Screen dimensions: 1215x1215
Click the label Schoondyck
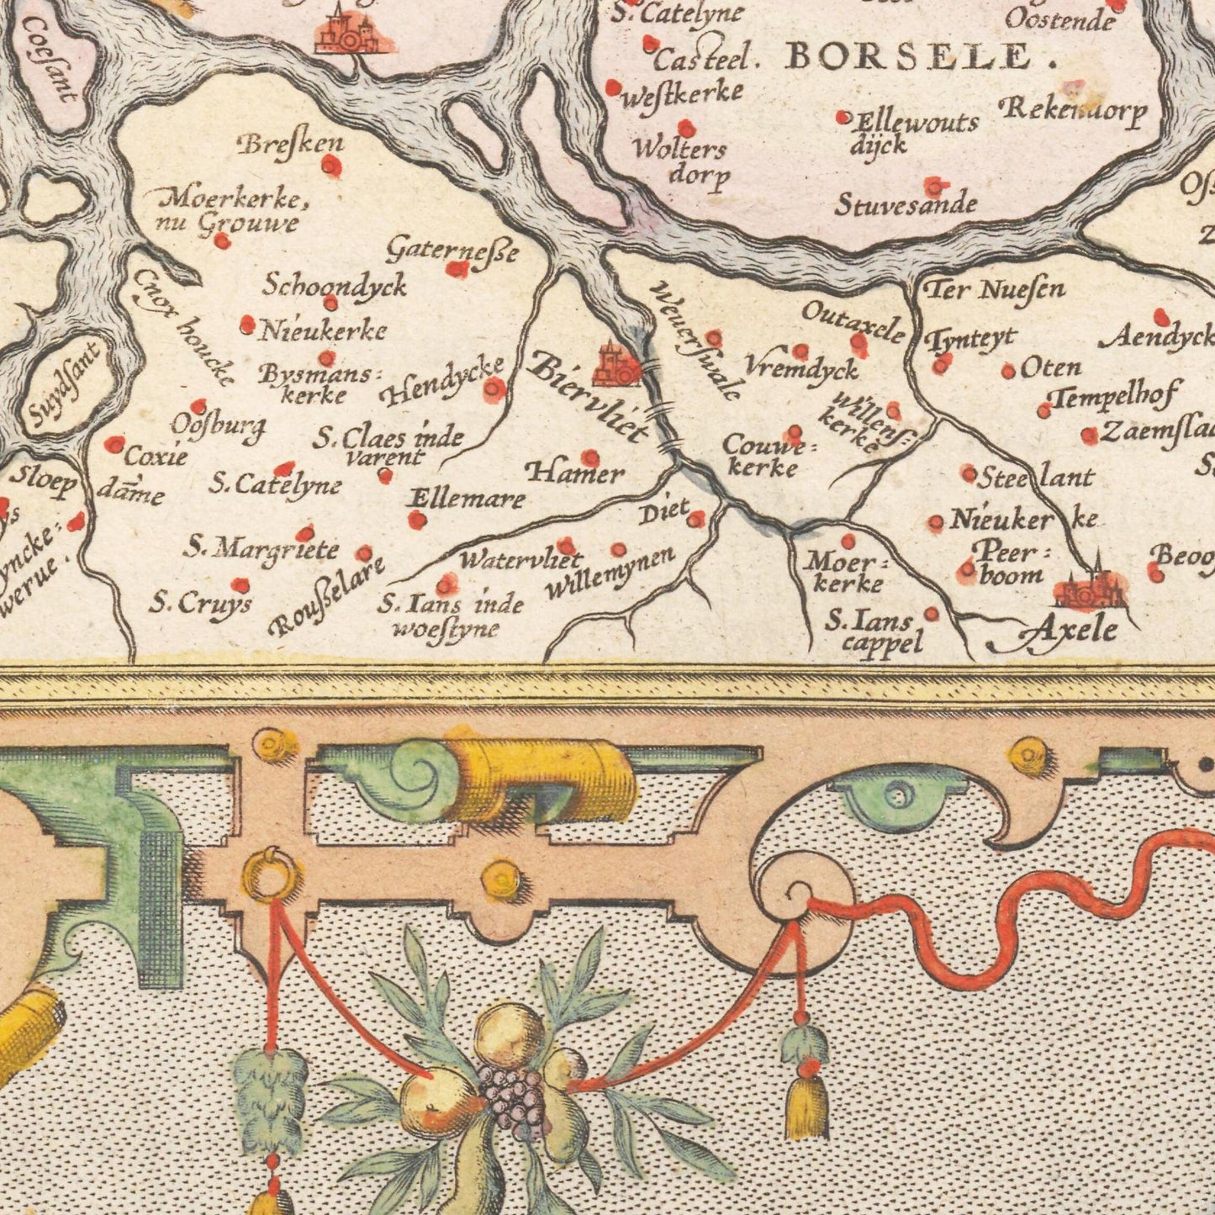tap(335, 285)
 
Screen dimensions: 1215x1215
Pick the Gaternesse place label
tap(452, 249)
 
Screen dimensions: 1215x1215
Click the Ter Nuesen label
tap(994, 290)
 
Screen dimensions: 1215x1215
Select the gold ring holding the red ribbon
tap(271, 877)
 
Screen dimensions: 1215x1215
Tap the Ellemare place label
tap(467, 499)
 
